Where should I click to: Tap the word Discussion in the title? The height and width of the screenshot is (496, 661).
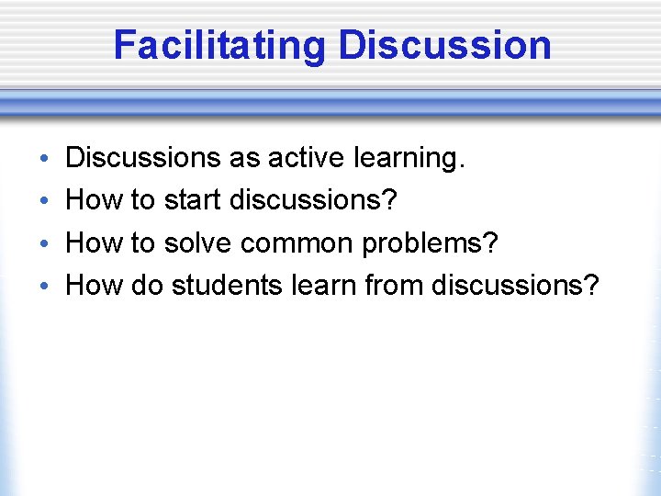point(445,45)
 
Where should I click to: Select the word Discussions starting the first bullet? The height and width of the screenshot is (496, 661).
point(143,159)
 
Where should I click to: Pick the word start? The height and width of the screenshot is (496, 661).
point(193,201)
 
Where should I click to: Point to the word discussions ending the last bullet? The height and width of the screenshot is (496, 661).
point(515,286)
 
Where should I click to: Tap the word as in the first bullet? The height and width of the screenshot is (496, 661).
point(244,159)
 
